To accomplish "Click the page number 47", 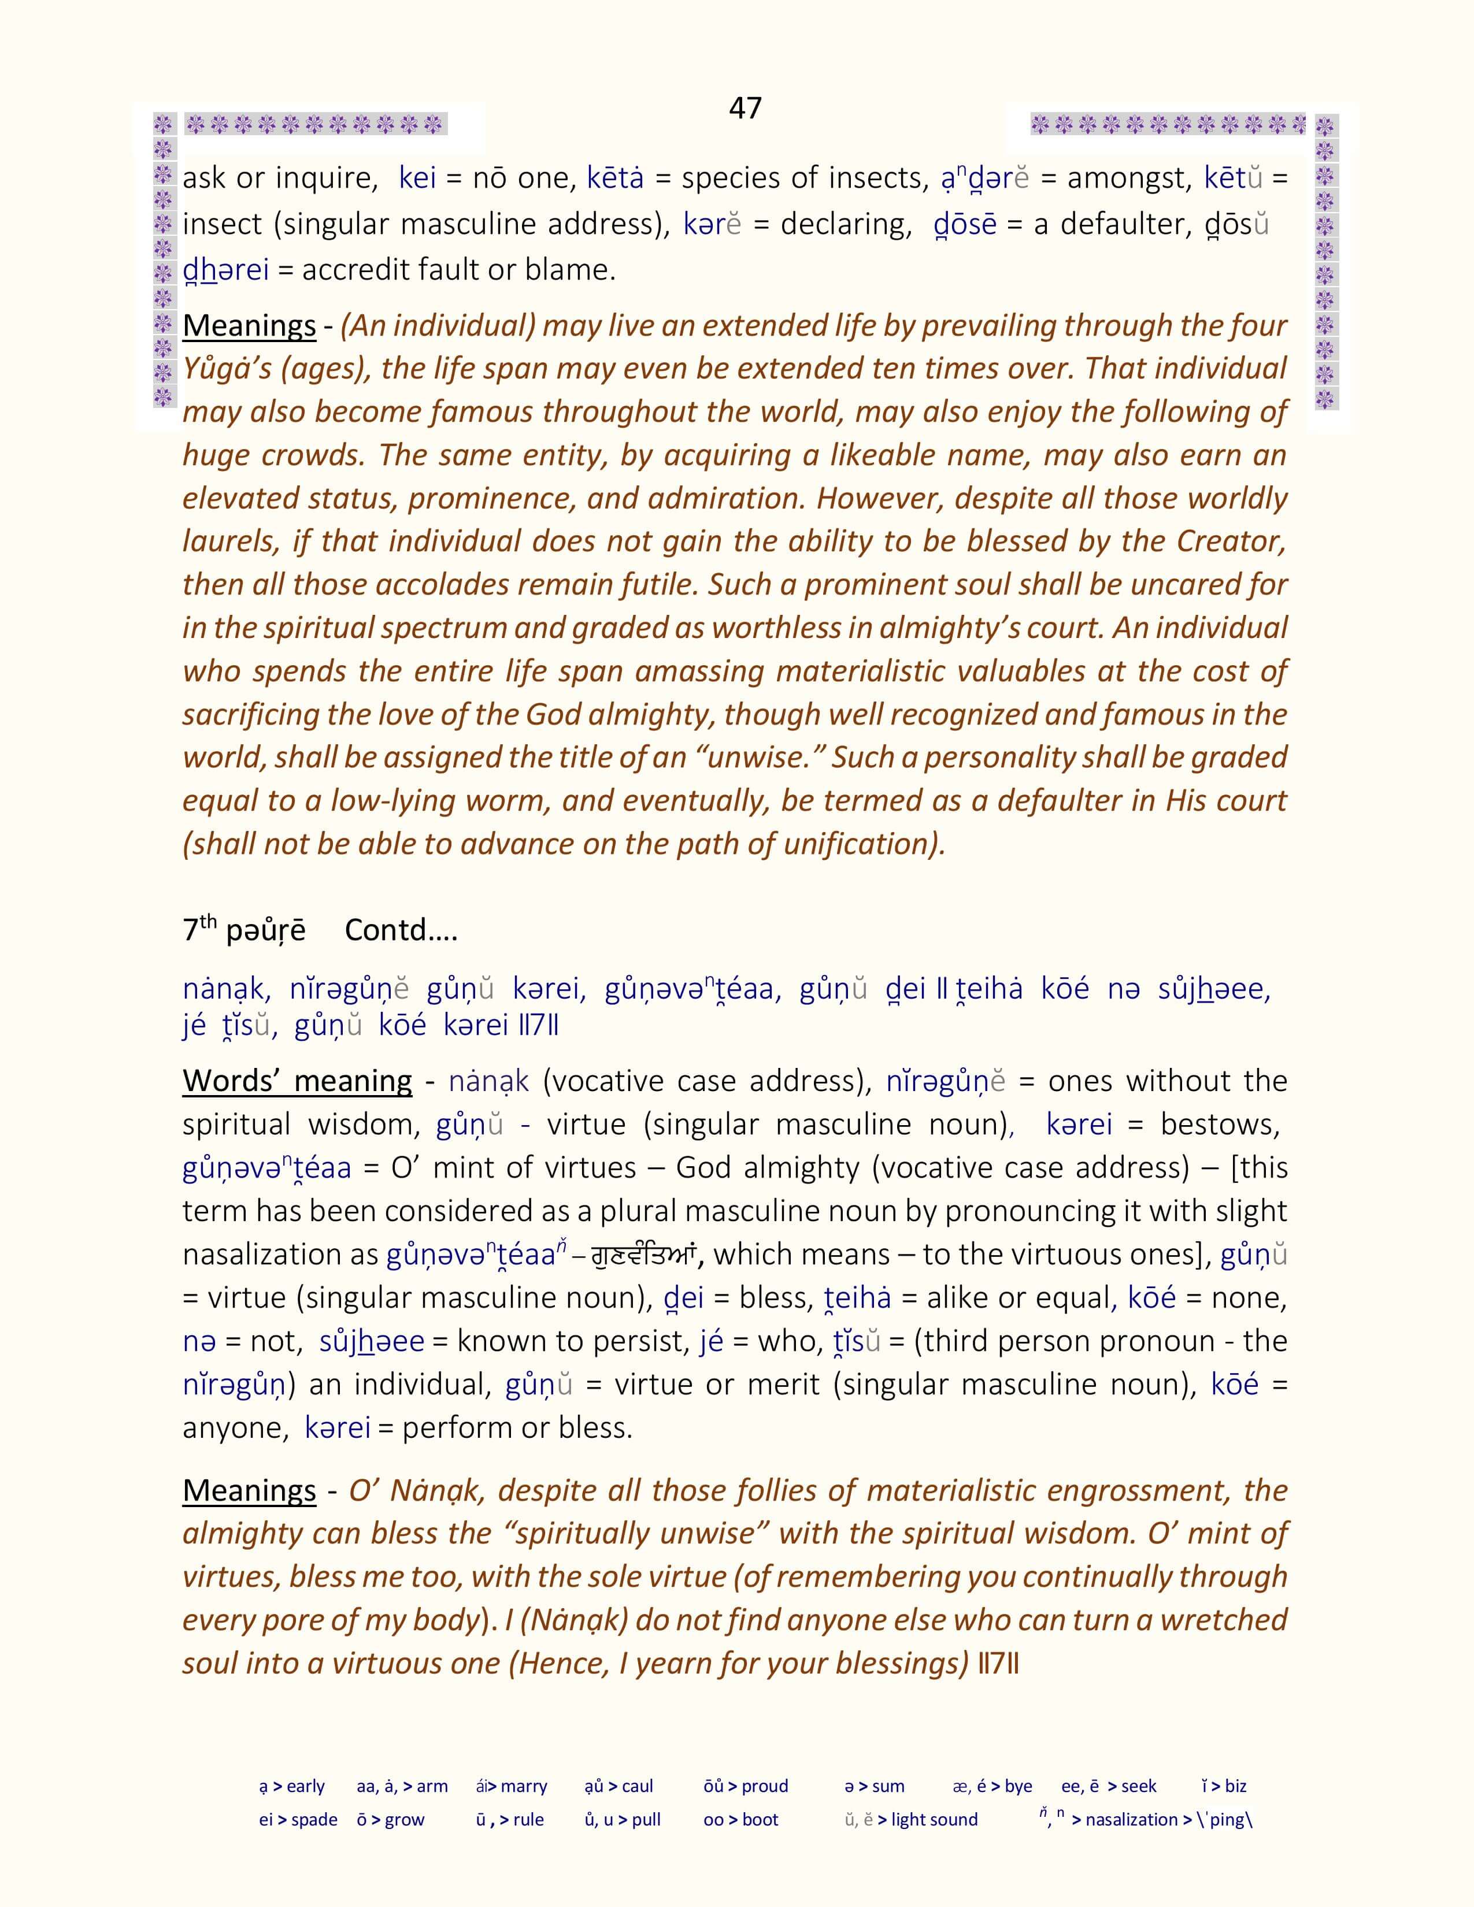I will tap(745, 108).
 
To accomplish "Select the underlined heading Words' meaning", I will tap(297, 1081).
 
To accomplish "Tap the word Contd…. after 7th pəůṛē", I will tap(401, 930).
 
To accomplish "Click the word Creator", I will tap(1231, 541).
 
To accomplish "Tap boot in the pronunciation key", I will tap(760, 1820).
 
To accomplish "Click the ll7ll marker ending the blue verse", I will tap(538, 1025).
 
